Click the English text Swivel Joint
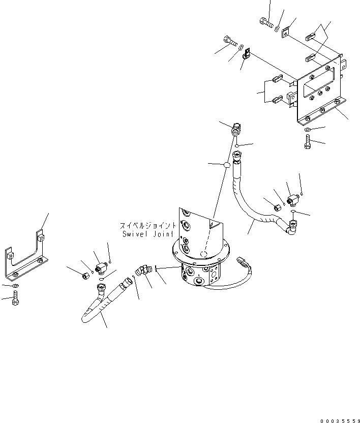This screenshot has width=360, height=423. coord(148,234)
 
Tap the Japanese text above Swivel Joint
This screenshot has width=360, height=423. coord(148,225)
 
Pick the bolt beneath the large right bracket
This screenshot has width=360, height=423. coord(308,142)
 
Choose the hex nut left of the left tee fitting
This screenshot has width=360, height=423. coord(85,275)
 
